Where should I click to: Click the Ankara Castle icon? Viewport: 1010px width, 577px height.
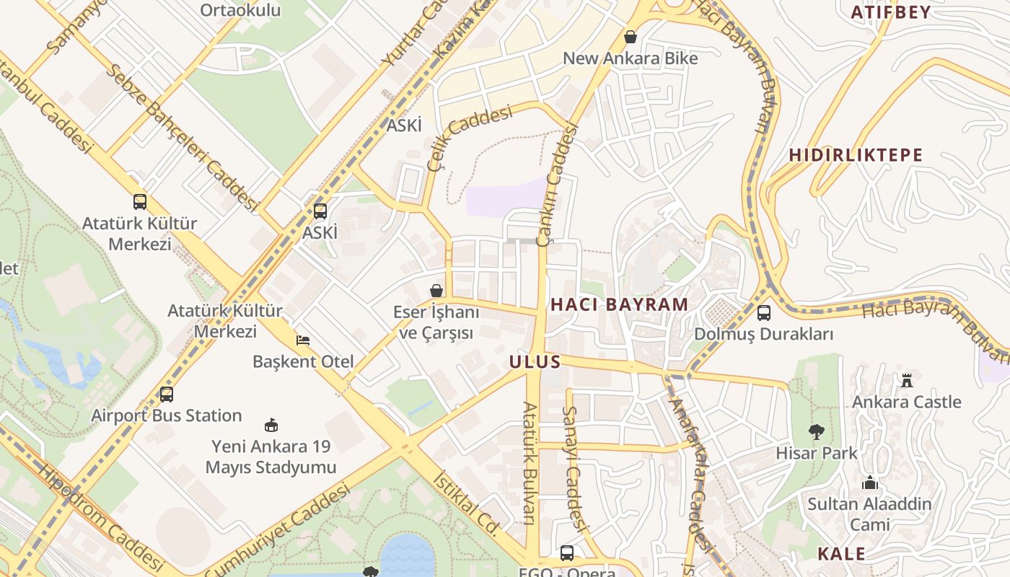pyautogui.click(x=907, y=380)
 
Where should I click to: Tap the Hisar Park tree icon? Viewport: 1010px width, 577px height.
pyautogui.click(x=816, y=432)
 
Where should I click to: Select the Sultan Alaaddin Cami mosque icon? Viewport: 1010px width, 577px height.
pyautogui.click(x=870, y=483)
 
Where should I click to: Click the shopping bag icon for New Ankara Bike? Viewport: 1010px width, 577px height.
pyautogui.click(x=631, y=37)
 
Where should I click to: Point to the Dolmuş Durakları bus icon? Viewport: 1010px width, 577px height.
pyautogui.click(x=763, y=313)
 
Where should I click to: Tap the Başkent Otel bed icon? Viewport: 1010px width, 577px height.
pyautogui.click(x=303, y=340)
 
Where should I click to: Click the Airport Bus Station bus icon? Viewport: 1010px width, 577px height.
pyautogui.click(x=167, y=395)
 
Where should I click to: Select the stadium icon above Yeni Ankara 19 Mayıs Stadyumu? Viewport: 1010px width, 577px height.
pyautogui.click(x=271, y=425)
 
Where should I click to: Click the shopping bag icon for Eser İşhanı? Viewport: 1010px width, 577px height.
pyautogui.click(x=436, y=291)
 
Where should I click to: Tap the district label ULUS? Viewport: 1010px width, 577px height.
pyautogui.click(x=535, y=361)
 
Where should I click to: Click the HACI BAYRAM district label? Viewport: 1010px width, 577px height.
pyautogui.click(x=619, y=304)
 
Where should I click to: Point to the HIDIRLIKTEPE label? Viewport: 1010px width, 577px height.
pyautogui.click(x=856, y=155)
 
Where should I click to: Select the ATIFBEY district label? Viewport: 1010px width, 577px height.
pyautogui.click(x=890, y=12)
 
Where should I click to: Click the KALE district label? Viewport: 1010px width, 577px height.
pyautogui.click(x=841, y=554)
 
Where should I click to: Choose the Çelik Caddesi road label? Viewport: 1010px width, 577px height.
pyautogui.click(x=469, y=137)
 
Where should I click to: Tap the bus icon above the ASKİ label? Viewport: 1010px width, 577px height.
pyautogui.click(x=320, y=211)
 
